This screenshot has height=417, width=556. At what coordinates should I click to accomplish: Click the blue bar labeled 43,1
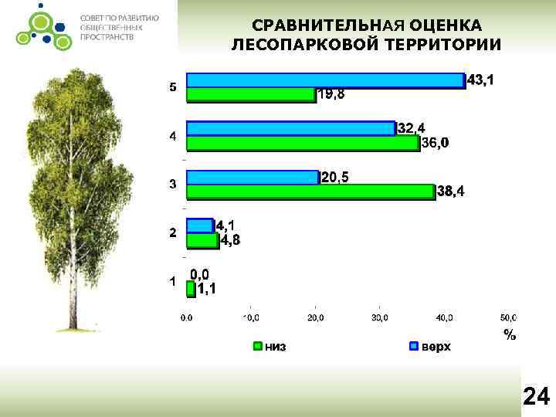(325, 80)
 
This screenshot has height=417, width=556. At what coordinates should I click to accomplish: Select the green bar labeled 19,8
(251, 94)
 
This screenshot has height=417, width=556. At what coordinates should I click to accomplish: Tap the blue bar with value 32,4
(290, 128)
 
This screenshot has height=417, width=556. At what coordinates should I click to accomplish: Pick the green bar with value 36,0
(303, 143)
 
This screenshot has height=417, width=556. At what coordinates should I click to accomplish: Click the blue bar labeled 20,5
(253, 177)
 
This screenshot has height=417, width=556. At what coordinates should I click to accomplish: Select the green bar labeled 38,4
(310, 192)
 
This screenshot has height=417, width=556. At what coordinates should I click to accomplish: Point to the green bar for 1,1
(191, 288)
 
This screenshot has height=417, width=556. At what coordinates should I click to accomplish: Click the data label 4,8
(230, 241)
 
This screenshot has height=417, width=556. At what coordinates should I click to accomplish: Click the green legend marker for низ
(258, 347)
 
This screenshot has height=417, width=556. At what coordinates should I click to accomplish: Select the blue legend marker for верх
(413, 347)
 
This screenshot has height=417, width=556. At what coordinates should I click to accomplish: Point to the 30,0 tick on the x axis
(380, 317)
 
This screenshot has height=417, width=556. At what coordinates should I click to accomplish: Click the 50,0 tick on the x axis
(508, 317)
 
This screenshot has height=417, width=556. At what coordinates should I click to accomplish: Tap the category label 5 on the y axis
(173, 87)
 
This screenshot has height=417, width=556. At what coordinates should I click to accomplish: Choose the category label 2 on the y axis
(173, 232)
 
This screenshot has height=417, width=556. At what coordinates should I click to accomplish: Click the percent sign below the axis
(509, 334)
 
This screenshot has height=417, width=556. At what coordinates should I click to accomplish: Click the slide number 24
(536, 397)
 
